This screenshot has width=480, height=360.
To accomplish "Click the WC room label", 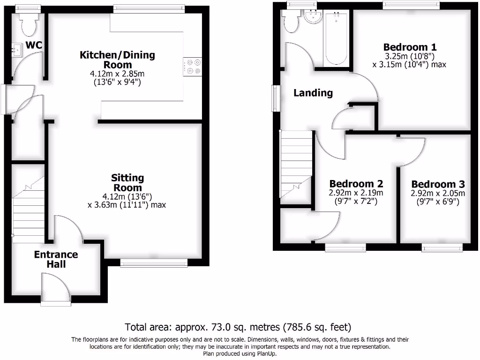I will point(34,45).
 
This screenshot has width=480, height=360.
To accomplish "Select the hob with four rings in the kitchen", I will point(193,66).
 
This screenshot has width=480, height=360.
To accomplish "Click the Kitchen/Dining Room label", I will point(117,60).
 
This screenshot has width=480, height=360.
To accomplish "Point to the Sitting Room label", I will point(127,183).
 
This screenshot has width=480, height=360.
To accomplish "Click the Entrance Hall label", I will point(56,259).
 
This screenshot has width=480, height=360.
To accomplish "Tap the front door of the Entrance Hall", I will point(55,288).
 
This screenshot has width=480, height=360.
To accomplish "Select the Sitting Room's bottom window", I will point(153,263).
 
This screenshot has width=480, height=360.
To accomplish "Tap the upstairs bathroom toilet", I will point(291,22).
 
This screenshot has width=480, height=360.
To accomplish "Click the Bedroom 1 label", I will point(410,47).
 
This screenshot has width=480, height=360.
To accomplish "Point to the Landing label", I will point(313,93).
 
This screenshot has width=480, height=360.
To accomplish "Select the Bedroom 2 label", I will point(356,184).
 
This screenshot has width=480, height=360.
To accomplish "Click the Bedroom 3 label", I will point(438,184).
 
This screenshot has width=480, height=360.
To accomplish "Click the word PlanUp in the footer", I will point(265,354).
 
